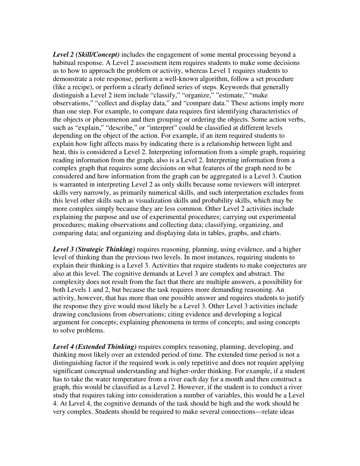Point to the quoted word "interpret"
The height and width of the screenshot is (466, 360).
point(162,128)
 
